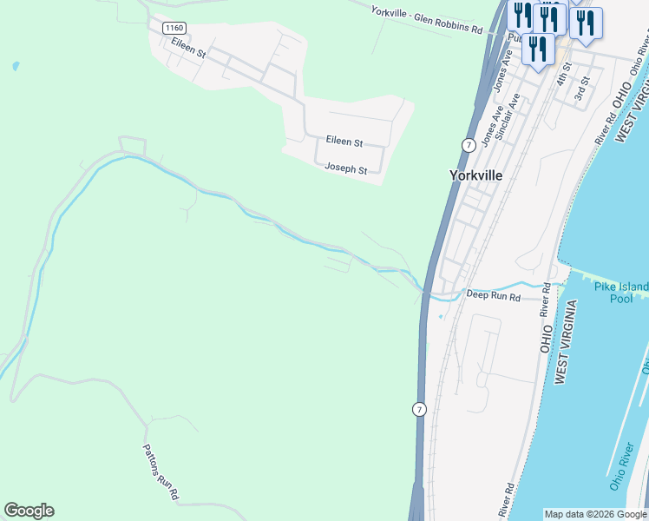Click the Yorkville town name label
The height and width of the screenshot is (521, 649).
(x=476, y=175)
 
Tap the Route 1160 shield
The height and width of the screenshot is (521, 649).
(x=174, y=28)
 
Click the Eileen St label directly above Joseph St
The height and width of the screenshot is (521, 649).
(x=344, y=141)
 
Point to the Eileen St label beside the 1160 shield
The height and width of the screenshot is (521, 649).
(x=188, y=47)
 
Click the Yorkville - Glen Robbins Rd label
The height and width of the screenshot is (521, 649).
(x=426, y=20)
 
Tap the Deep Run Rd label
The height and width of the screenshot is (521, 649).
(x=493, y=296)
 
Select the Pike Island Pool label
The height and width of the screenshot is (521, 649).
(x=621, y=293)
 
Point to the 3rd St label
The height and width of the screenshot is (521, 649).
(x=583, y=88)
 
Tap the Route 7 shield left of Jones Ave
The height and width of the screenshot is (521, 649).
(x=469, y=144)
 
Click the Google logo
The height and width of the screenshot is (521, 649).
(x=29, y=511)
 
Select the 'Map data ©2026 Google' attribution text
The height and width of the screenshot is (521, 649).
(x=595, y=514)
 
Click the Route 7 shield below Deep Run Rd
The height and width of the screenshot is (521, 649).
(x=419, y=409)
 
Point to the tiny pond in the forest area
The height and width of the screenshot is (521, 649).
(x=15, y=65)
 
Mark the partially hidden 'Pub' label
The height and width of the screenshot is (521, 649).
(x=513, y=38)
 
